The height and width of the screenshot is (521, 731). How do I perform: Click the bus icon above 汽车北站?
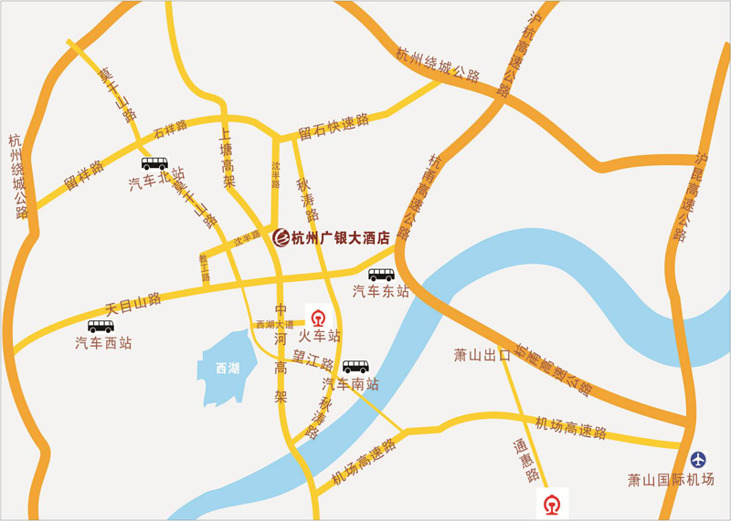[154, 164]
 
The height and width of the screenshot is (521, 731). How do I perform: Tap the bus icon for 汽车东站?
[381, 275]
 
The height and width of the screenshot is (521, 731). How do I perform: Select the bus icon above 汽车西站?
[101, 327]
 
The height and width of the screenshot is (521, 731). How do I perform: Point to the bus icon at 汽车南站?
[355, 367]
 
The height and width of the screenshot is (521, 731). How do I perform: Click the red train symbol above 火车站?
[318, 319]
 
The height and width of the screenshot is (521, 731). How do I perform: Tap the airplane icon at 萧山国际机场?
[699, 459]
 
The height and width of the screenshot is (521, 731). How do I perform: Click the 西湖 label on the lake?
[228, 369]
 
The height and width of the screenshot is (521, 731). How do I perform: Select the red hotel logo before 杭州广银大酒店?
[281, 237]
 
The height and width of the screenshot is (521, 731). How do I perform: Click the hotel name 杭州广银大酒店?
[341, 238]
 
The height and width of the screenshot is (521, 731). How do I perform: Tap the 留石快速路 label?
[334, 126]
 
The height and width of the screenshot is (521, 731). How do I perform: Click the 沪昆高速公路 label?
[690, 196]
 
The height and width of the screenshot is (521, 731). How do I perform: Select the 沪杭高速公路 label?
[518, 54]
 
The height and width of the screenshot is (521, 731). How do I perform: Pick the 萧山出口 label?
[482, 354]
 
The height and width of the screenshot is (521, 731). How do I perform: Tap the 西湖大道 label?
[275, 324]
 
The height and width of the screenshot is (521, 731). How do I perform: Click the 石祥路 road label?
[170, 128]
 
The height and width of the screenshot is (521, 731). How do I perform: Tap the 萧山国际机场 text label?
[671, 479]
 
